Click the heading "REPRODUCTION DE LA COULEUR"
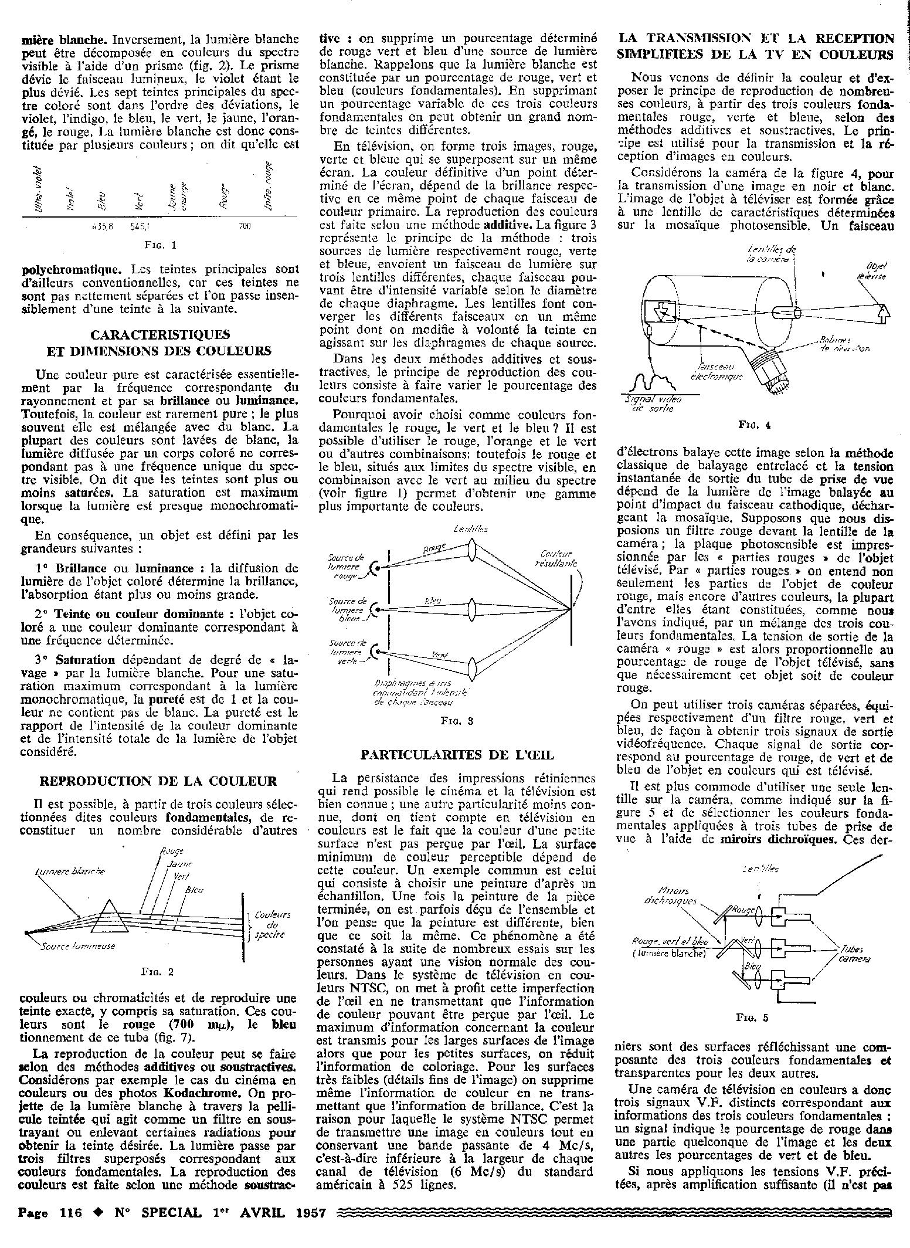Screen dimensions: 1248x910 click(x=158, y=781)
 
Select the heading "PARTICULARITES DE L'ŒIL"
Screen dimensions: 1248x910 click(x=457, y=754)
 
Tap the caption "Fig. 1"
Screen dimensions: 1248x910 click(x=160, y=244)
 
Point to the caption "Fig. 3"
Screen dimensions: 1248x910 click(x=457, y=721)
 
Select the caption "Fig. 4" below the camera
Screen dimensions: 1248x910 click(x=755, y=426)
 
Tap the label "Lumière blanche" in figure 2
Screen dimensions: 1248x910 click(x=69, y=871)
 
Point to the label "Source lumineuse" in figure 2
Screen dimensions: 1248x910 click(x=77, y=946)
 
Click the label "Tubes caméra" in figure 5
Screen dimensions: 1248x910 click(x=854, y=955)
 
